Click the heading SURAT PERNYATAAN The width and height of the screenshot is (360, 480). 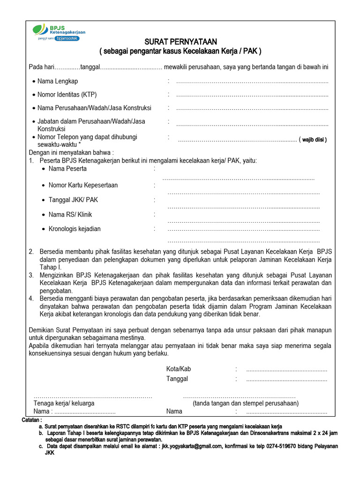click(180, 42)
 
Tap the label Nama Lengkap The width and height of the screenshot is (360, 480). click(58, 82)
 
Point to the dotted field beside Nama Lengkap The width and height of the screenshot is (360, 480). click(252, 82)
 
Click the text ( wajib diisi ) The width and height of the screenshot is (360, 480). click(314, 140)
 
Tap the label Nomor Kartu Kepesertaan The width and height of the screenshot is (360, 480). click(83, 185)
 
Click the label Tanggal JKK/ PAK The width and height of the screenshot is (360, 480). click(73, 200)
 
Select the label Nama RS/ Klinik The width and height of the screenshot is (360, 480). click(70, 215)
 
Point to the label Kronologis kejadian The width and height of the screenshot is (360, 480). click(75, 229)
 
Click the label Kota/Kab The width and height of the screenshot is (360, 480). click(179, 369)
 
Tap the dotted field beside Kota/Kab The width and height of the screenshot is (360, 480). click(286, 369)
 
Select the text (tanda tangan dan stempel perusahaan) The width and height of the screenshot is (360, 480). click(246, 403)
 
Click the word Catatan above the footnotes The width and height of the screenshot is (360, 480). click(32, 420)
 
